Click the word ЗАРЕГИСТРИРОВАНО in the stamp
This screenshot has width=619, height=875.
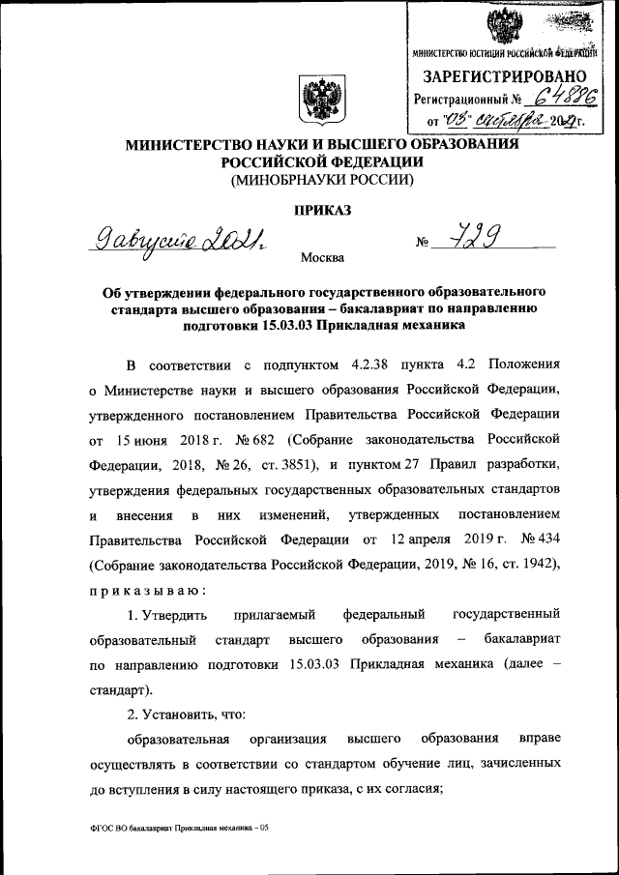(503, 75)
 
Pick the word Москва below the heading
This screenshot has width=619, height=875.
(321, 257)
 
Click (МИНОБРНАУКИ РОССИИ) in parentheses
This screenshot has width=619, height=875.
(320, 180)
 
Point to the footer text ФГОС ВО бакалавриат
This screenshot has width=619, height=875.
(134, 829)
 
